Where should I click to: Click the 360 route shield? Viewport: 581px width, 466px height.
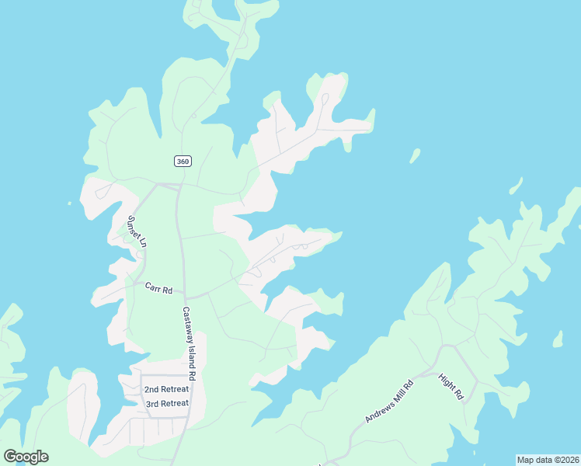(x=183, y=161)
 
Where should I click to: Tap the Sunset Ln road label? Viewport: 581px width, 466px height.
(x=137, y=231)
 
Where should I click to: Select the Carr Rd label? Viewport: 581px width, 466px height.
(x=158, y=287)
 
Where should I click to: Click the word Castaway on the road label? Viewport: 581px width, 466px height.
(x=187, y=326)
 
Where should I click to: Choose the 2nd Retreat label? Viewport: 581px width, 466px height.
(x=166, y=389)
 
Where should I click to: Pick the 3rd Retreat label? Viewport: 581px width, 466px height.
(x=167, y=403)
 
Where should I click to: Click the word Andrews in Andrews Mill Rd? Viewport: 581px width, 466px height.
(x=381, y=408)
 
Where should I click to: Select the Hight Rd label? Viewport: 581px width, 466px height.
(x=451, y=387)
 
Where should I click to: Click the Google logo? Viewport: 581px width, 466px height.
(x=26, y=457)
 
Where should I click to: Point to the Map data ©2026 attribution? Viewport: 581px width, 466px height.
(x=548, y=460)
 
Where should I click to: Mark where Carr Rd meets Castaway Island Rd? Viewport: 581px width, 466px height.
(x=185, y=296)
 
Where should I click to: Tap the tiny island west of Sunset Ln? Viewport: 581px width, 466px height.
(x=69, y=204)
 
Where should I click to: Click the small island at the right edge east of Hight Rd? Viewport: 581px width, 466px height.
(x=558, y=339)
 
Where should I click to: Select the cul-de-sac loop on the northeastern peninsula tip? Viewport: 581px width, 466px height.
(x=324, y=99)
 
